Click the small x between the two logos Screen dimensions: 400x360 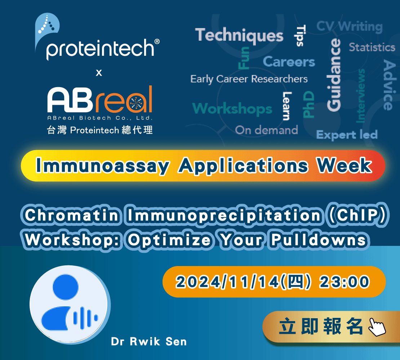click(99, 73)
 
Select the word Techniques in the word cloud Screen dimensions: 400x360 click(239, 35)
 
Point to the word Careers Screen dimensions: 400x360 click(289, 62)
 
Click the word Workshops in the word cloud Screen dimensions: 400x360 click(232, 109)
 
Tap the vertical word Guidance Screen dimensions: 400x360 click(334, 75)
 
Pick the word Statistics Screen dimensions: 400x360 click(372, 48)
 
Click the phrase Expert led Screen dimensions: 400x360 click(347, 135)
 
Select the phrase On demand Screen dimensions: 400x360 click(266, 130)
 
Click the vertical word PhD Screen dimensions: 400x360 click(308, 104)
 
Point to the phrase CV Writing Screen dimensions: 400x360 click(350, 27)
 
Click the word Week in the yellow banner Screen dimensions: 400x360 click(344, 166)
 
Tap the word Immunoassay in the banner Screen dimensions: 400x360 click(103, 166)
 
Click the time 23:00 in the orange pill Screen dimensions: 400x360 click(344, 282)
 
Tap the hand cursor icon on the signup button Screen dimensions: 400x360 click(377, 327)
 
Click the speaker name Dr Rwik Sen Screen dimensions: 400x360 click(149, 342)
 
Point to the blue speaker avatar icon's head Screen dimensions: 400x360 click(66, 287)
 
